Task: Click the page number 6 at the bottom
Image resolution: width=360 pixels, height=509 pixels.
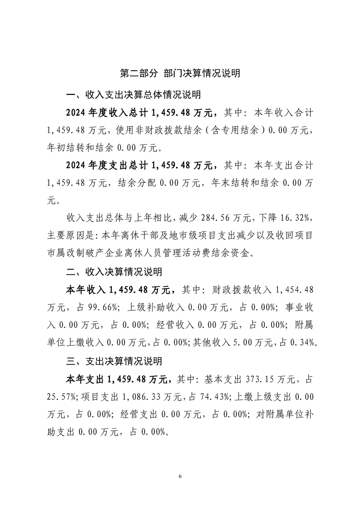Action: [x=180, y=476]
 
